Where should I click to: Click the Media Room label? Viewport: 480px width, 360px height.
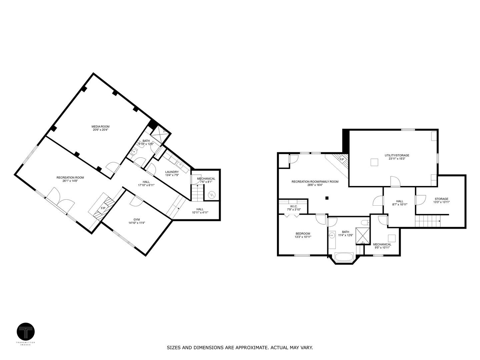[100, 127]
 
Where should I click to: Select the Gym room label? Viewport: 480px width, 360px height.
[137, 219]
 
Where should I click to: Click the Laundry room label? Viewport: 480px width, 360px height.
[172, 172]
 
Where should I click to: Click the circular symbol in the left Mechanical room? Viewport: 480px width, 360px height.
[211, 194]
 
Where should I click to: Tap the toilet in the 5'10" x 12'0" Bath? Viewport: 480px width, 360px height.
[134, 152]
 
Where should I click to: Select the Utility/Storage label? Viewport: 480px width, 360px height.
[397, 155]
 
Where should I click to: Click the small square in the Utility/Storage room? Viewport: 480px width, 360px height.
[374, 162]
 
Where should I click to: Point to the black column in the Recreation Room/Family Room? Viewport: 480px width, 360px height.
[327, 198]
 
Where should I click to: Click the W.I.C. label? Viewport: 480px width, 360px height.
[294, 206]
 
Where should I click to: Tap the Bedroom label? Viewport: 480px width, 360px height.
[303, 233]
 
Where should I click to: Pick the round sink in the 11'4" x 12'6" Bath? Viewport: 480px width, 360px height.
[332, 236]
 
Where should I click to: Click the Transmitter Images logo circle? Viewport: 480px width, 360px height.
[26, 332]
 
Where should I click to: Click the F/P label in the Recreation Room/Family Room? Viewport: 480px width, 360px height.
[342, 159]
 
